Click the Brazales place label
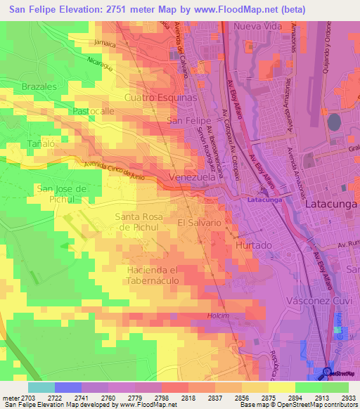pyautogui.click(x=39, y=86)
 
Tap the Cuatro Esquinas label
pyautogui.click(x=160, y=98)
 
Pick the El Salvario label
pyautogui.click(x=200, y=222)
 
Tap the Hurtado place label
pyautogui.click(x=253, y=245)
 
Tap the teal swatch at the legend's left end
pyautogui.click(x=41, y=387)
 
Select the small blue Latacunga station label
pyautogui.click(x=264, y=200)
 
